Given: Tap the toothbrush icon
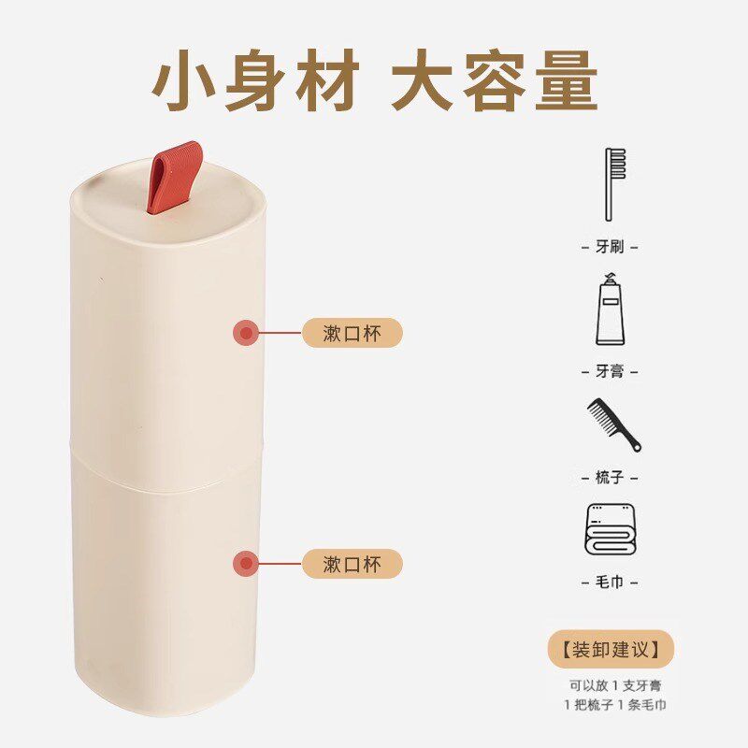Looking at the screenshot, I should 614,183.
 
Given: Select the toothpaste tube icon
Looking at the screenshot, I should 611,309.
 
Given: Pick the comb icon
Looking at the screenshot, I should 613,424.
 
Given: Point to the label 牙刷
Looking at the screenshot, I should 610,247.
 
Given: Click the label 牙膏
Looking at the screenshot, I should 610,371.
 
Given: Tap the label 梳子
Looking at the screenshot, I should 610,478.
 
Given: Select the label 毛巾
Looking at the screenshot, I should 610,583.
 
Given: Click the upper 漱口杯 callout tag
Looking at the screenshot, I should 352,333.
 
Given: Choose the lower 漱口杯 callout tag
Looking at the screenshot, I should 352,564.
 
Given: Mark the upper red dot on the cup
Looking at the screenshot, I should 246,333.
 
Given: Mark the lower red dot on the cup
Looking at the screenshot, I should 246,563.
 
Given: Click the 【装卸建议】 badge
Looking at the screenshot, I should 610,647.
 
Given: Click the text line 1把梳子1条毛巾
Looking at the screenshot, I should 614,705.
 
